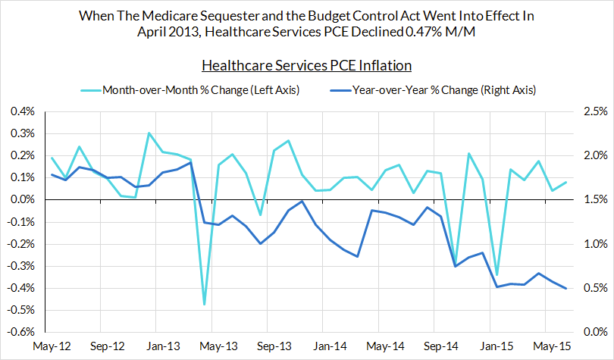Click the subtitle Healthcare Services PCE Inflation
point(306,67)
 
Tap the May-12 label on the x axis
point(52,346)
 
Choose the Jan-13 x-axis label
point(162,346)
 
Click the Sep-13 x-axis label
point(274,346)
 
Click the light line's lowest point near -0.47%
point(205,304)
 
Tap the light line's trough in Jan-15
point(497,275)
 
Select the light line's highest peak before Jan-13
point(149,133)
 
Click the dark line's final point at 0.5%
point(566,288)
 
